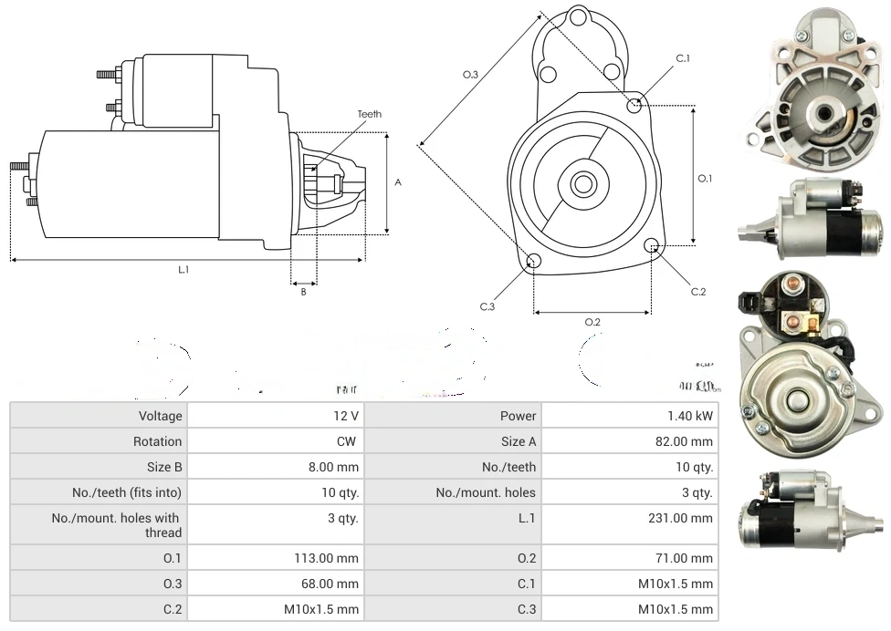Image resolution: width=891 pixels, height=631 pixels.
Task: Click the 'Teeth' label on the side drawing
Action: point(369,114)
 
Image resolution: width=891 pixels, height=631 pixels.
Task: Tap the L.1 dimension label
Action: point(183,269)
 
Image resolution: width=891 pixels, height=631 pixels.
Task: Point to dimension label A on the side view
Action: point(398,182)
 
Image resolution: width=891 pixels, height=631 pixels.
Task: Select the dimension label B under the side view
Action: point(304,292)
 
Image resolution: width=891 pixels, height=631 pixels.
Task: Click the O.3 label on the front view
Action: point(471,75)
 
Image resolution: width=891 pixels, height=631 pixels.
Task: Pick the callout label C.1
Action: point(683,58)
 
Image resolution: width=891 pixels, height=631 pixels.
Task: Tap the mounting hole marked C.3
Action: point(535,263)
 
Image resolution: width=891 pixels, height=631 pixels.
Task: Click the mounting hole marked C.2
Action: point(652,245)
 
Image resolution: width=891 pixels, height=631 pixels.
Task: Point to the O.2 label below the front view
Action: point(592,322)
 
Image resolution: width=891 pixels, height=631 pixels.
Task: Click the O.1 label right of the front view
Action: point(705,179)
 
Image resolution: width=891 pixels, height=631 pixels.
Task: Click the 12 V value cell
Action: point(347,416)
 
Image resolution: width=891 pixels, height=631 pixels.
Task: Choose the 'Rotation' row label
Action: point(157,441)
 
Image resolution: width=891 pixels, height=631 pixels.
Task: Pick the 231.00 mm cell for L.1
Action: point(688,518)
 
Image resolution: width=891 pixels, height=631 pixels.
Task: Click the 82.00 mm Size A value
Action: point(688,441)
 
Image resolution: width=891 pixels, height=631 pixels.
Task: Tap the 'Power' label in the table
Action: point(518,416)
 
